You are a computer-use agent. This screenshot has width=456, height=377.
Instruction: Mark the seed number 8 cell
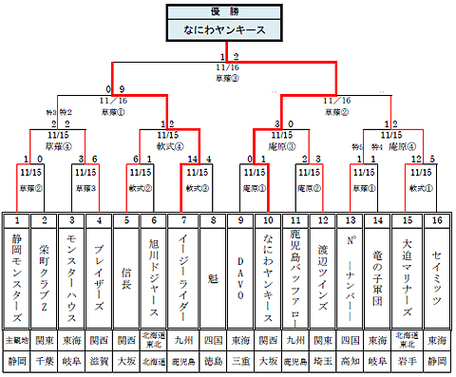[212, 220]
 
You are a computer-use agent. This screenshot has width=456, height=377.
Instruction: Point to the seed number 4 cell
[100, 220]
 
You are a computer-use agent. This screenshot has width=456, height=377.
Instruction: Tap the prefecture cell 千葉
[44, 361]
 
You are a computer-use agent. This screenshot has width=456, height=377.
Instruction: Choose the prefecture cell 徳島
[212, 361]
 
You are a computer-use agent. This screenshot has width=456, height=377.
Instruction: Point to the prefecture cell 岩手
[408, 361]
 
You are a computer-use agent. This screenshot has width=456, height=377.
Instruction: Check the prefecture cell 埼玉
[323, 361]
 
